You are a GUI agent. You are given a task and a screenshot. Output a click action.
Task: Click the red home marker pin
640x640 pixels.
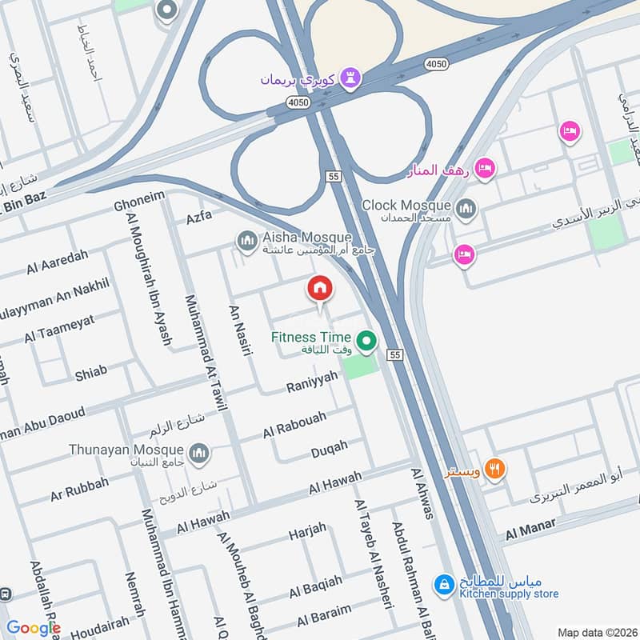coord(319,288)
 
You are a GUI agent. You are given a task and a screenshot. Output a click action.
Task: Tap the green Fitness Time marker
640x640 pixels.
coord(366,342)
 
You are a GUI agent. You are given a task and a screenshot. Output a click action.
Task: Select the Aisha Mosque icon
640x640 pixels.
coord(247,239)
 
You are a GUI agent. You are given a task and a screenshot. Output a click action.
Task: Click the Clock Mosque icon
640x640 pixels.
coord(467,210)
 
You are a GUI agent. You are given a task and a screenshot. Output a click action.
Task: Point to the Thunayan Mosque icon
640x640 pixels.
coord(199,454)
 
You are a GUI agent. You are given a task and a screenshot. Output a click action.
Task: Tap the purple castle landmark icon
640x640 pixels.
coord(350,78)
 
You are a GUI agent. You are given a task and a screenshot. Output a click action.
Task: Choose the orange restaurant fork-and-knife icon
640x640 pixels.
coord(496,469)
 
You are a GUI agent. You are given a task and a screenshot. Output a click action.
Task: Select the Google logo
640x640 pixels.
coord(34,628)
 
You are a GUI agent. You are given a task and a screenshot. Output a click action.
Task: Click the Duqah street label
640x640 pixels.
coord(329,449)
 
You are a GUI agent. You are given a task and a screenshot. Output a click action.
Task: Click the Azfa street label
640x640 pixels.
coord(199,217)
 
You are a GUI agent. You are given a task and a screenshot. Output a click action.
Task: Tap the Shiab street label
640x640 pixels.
coord(90,372)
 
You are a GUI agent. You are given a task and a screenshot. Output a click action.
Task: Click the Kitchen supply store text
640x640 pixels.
coord(509,594)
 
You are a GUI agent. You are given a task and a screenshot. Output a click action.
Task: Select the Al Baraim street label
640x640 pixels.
coord(323,615)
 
